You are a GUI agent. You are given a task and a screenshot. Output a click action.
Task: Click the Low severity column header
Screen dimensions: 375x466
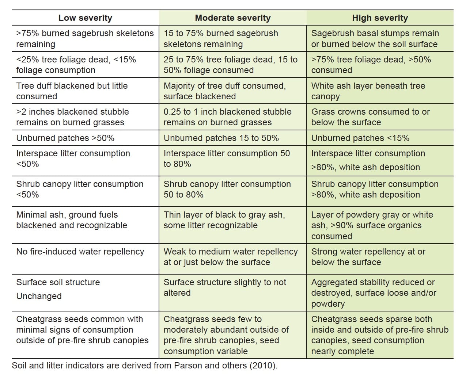[x=85, y=18]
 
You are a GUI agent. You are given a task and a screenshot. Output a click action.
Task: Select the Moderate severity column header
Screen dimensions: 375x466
[x=233, y=18]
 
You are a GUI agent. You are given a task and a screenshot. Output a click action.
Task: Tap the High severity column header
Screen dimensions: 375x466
[x=380, y=18]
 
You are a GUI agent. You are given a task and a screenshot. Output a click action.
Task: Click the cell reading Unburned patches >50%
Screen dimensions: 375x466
[x=65, y=138]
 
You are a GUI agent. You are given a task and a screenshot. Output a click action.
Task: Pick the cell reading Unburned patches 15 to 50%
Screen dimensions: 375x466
[x=221, y=138]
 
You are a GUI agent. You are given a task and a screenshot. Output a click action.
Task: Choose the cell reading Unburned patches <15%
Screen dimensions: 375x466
[x=360, y=138]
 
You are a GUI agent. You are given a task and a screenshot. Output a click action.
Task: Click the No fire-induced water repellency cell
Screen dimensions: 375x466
[x=80, y=252]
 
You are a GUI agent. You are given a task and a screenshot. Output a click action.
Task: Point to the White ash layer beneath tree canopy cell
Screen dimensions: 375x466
[x=368, y=91]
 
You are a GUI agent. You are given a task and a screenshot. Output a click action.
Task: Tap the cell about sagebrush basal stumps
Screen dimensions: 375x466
[x=375, y=39]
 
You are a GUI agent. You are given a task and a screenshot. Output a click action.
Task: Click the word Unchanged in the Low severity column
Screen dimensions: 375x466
[x=39, y=296]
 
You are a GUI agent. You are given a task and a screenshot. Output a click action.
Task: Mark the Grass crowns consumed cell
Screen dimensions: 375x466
[x=370, y=117]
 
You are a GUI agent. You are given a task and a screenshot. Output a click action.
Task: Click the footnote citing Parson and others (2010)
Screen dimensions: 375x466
[x=145, y=366]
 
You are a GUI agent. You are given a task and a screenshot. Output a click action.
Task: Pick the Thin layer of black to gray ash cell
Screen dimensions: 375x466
[x=224, y=220]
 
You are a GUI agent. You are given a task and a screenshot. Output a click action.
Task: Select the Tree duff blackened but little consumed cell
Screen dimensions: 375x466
[x=72, y=91]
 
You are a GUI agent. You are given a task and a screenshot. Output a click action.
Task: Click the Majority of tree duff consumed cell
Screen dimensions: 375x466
[x=224, y=91]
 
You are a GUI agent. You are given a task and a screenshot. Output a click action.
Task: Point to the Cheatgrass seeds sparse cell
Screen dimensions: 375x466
[x=379, y=335]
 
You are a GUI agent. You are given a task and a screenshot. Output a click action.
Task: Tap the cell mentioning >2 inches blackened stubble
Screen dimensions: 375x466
[x=72, y=117]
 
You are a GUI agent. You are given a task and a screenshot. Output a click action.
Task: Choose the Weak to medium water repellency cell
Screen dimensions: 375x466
[x=230, y=257]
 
